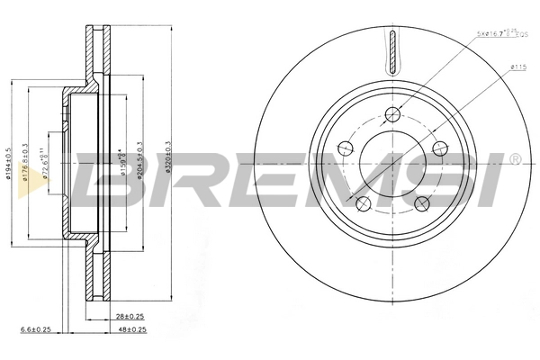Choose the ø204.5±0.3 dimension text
pyautogui.click(x=139, y=160)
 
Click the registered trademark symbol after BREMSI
pyautogui.click(x=514, y=159)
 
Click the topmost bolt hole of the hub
pyautogui.click(x=393, y=114)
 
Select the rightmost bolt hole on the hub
pyautogui.click(x=439, y=148)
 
